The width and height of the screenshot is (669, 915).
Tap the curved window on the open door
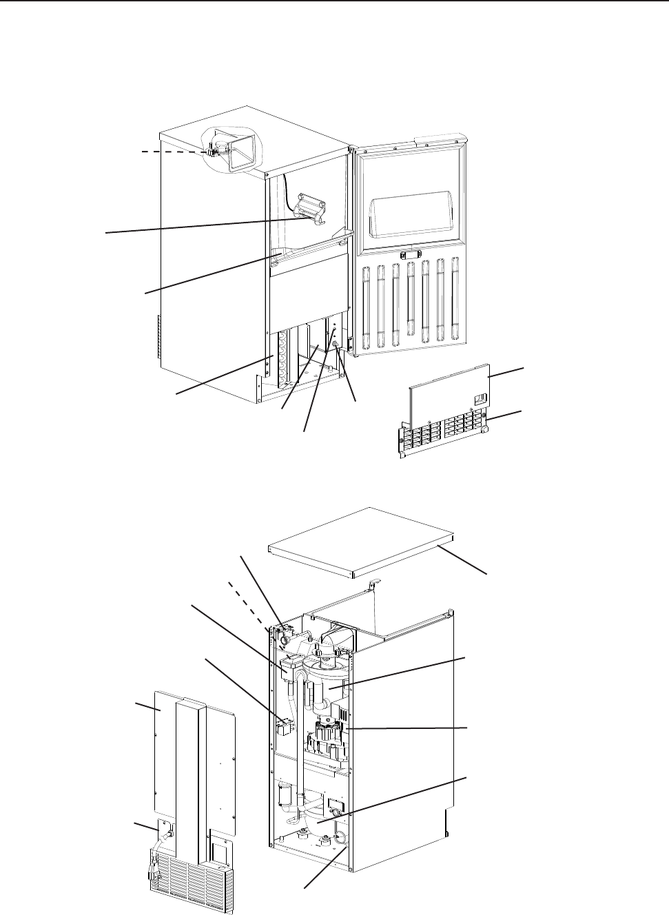(x=411, y=216)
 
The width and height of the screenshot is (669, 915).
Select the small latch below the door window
(x=412, y=255)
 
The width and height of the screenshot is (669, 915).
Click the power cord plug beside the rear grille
(x=153, y=874)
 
